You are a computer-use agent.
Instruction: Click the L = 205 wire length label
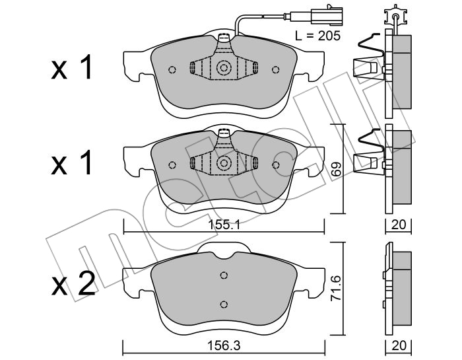pos(317,36)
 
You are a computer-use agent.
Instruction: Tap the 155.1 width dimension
pos(224,225)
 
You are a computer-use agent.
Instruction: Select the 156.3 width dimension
pos(224,345)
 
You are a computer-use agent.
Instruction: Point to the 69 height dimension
pos(336,169)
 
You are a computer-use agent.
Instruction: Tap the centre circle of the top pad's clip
pos(224,68)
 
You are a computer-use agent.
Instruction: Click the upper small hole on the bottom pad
pos(224,275)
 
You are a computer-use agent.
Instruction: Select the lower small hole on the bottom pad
pos(224,304)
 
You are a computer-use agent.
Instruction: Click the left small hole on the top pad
pos(172,70)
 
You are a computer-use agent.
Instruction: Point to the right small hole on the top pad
pos(275,69)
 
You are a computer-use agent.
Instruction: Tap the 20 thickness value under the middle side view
pos(399,225)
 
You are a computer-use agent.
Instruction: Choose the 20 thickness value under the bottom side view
pos(399,345)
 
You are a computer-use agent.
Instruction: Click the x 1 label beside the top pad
pos(72,69)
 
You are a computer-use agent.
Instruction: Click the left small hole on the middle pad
pos(172,165)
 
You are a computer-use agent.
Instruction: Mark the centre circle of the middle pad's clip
pos(224,163)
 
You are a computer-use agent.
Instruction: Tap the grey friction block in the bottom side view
pos(402,289)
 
